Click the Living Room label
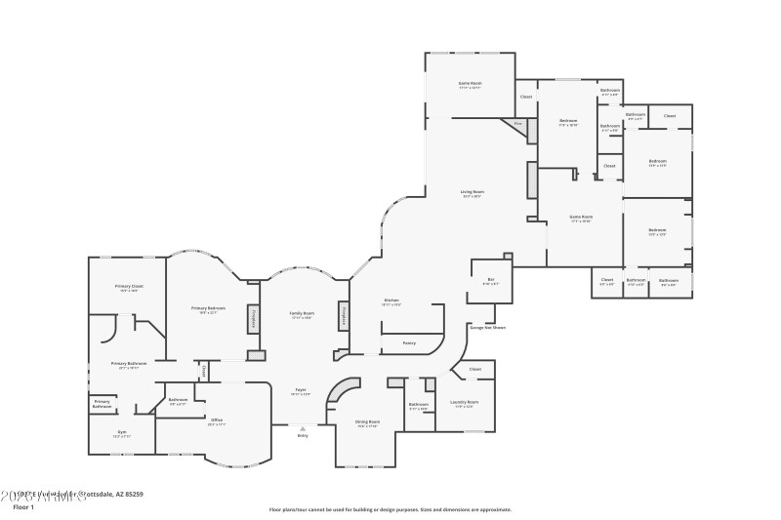pos(473,192)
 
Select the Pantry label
pos(409,342)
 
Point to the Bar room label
pos(490,279)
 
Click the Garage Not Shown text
pos(487,328)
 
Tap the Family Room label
pos(301,313)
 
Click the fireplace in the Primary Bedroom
pos(254,318)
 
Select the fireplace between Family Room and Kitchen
pos(344,316)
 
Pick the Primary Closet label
pos(130,286)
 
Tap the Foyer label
pos(302,390)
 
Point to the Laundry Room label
pos(466,402)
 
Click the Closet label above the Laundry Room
pos(475,369)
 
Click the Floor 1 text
pos(23,507)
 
